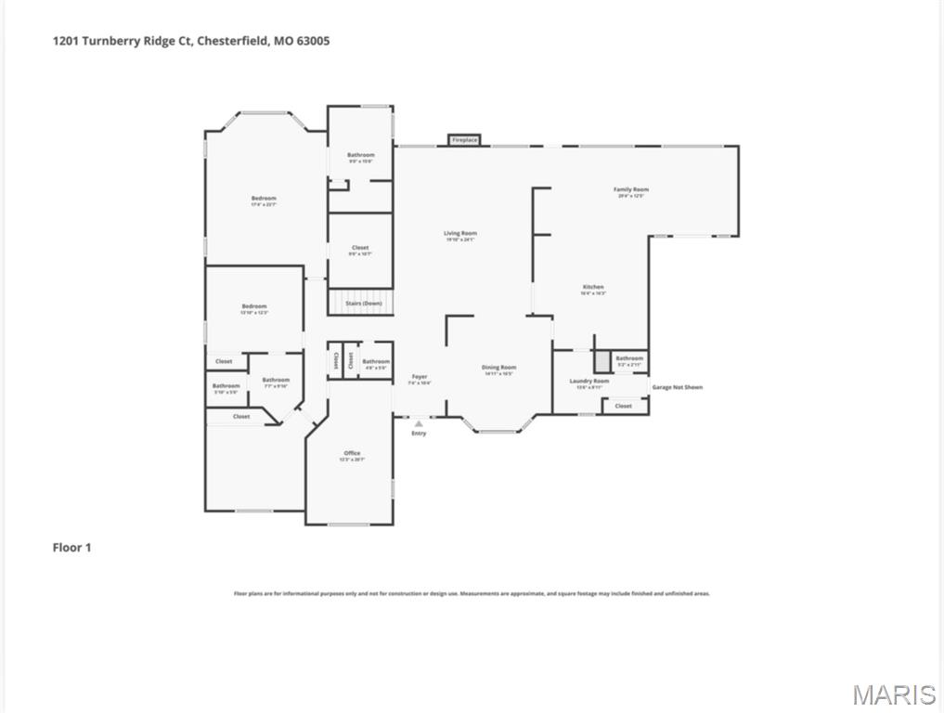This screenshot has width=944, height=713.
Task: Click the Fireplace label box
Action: (464, 140)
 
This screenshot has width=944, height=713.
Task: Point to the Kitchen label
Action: (593, 289)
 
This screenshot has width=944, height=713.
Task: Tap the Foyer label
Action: (419, 378)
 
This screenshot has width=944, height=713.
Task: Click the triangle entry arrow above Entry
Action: (419, 423)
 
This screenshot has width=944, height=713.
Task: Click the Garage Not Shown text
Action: (677, 387)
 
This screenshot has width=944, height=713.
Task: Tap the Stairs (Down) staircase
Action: (361, 303)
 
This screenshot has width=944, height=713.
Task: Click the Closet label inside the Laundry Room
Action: (623, 406)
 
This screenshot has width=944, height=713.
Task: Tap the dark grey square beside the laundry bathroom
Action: (602, 359)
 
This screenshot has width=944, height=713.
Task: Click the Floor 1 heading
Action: (71, 548)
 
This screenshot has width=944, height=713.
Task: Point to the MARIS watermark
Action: (894, 694)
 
